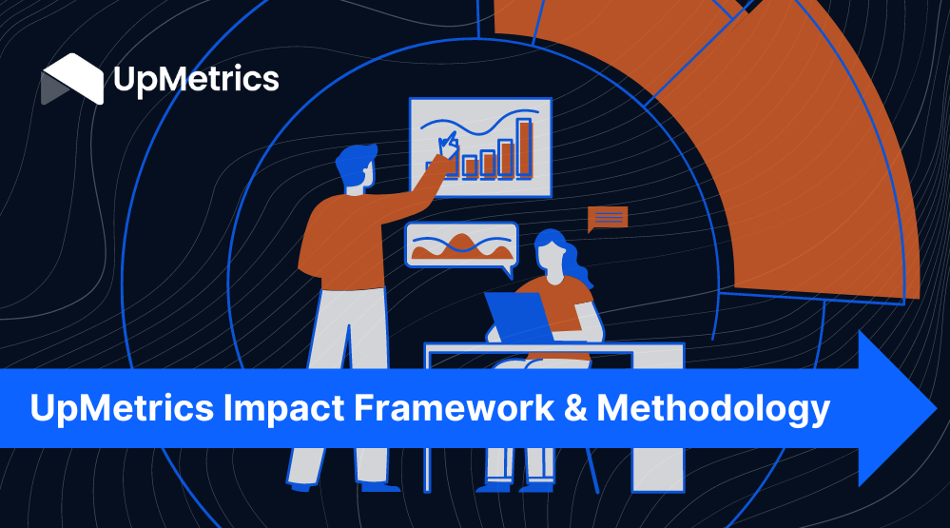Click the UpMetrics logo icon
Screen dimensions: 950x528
(72, 79)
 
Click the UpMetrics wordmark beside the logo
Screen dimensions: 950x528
(196, 79)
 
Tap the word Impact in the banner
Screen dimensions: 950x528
(284, 408)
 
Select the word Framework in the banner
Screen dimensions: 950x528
(454, 407)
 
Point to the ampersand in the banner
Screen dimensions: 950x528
(575, 408)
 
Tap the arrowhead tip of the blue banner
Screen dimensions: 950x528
(936, 408)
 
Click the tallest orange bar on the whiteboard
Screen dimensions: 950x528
(524, 147)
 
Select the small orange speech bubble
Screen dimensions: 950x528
(607, 219)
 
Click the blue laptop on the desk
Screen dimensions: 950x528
(518, 317)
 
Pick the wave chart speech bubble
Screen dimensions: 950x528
(461, 246)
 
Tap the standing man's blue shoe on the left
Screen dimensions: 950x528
(301, 486)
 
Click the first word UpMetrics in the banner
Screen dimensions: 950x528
(122, 408)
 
